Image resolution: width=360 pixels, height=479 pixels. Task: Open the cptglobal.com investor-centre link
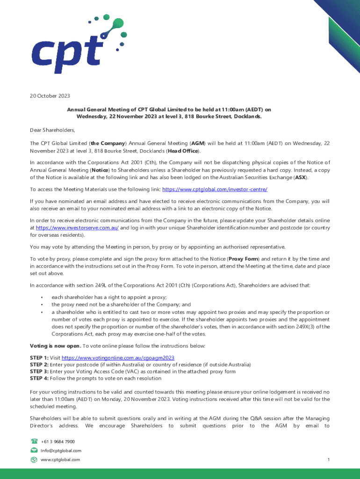tap(215, 189)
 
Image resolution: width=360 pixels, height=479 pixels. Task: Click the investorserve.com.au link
tap(77, 227)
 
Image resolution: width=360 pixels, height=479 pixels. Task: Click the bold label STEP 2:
tap(39, 365)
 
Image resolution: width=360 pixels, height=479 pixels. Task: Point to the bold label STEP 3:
tap(39, 371)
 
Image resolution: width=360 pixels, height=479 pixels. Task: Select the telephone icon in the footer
tap(34, 441)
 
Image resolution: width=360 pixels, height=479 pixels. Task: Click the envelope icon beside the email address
tap(34, 450)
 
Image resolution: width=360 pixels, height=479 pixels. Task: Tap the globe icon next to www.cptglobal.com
tap(34, 460)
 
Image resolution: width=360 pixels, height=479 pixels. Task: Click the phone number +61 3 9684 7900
tap(58, 442)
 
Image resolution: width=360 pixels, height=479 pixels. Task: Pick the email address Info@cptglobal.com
tap(61, 450)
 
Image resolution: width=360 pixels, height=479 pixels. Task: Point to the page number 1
tap(329, 460)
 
